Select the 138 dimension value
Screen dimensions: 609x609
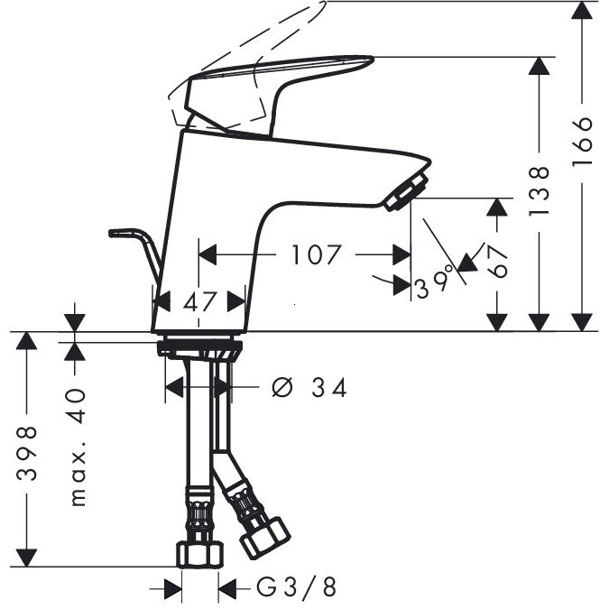pyautogui.click(x=540, y=189)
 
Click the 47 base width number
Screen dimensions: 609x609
pyautogui.click(x=200, y=301)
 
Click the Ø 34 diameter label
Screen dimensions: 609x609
pyautogui.click(x=309, y=388)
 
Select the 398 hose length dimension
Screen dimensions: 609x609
pyautogui.click(x=30, y=454)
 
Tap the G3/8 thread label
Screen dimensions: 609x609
pyautogui.click(x=296, y=588)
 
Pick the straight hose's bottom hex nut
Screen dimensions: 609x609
pyautogui.click(x=198, y=552)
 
